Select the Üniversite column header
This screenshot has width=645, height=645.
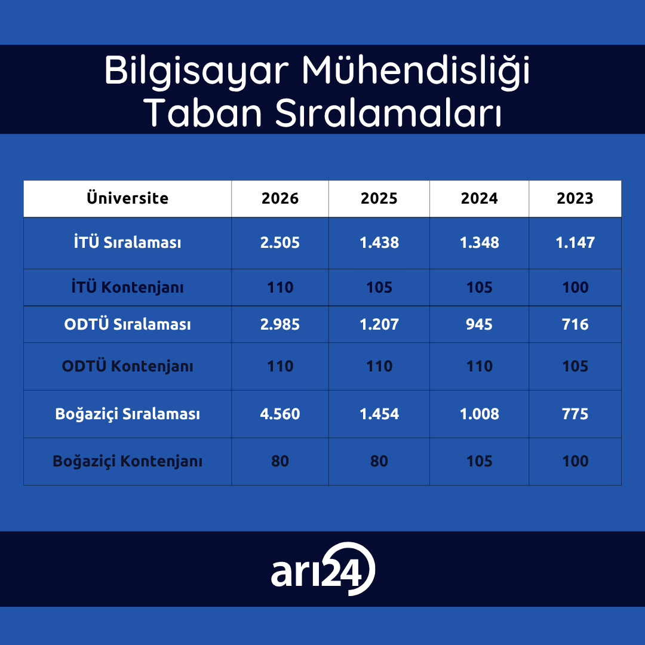click(x=128, y=198)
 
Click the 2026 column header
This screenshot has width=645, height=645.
click(x=280, y=198)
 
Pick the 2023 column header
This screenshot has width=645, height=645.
click(x=575, y=198)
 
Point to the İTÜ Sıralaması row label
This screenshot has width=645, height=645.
click(x=128, y=242)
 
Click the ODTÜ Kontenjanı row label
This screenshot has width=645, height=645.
click(x=128, y=365)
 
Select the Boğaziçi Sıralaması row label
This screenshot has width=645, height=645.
click(x=128, y=413)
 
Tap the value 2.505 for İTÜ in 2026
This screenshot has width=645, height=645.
click(x=280, y=242)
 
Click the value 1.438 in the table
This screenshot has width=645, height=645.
click(x=379, y=242)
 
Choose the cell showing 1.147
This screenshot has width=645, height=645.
click(x=575, y=242)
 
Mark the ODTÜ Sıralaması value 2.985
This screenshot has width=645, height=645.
click(x=280, y=324)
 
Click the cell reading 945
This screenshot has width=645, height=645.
click(x=479, y=324)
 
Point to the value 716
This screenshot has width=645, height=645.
click(x=575, y=324)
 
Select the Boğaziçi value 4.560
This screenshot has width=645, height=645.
click(x=280, y=413)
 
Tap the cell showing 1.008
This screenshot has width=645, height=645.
click(x=479, y=413)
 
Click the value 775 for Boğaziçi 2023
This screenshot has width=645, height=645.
click(x=575, y=413)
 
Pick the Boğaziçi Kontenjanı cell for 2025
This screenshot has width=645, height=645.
click(x=379, y=460)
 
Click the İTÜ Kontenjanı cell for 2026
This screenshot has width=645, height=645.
click(x=280, y=287)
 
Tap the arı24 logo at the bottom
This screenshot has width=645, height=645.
click(x=323, y=569)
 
